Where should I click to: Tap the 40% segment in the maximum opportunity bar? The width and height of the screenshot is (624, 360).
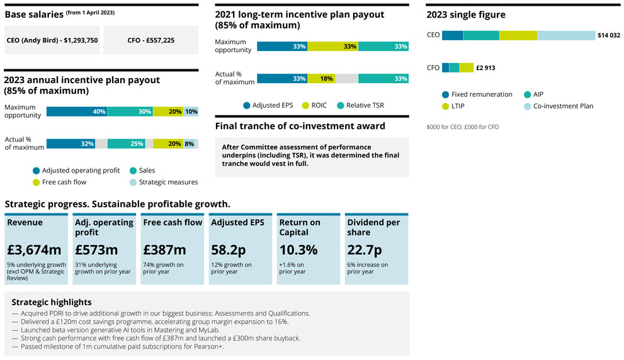click(x=77, y=111)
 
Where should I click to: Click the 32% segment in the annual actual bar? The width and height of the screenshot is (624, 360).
click(x=71, y=143)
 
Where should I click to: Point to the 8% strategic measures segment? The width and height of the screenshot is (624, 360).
click(x=190, y=143)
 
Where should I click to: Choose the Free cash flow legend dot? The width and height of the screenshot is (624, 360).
click(x=35, y=182)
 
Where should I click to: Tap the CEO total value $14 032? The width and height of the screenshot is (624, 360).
click(x=608, y=36)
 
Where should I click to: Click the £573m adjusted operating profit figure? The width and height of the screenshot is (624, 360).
click(x=96, y=249)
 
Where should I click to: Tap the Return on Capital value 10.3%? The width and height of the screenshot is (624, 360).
click(x=298, y=249)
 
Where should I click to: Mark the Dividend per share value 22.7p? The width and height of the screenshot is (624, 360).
click(x=365, y=249)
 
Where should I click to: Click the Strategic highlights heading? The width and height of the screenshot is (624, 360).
click(x=52, y=302)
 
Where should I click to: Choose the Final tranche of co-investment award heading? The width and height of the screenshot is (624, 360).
click(x=300, y=126)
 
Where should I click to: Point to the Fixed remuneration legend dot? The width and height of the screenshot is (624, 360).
click(x=445, y=94)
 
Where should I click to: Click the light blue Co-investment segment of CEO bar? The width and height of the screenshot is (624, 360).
click(x=565, y=36)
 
